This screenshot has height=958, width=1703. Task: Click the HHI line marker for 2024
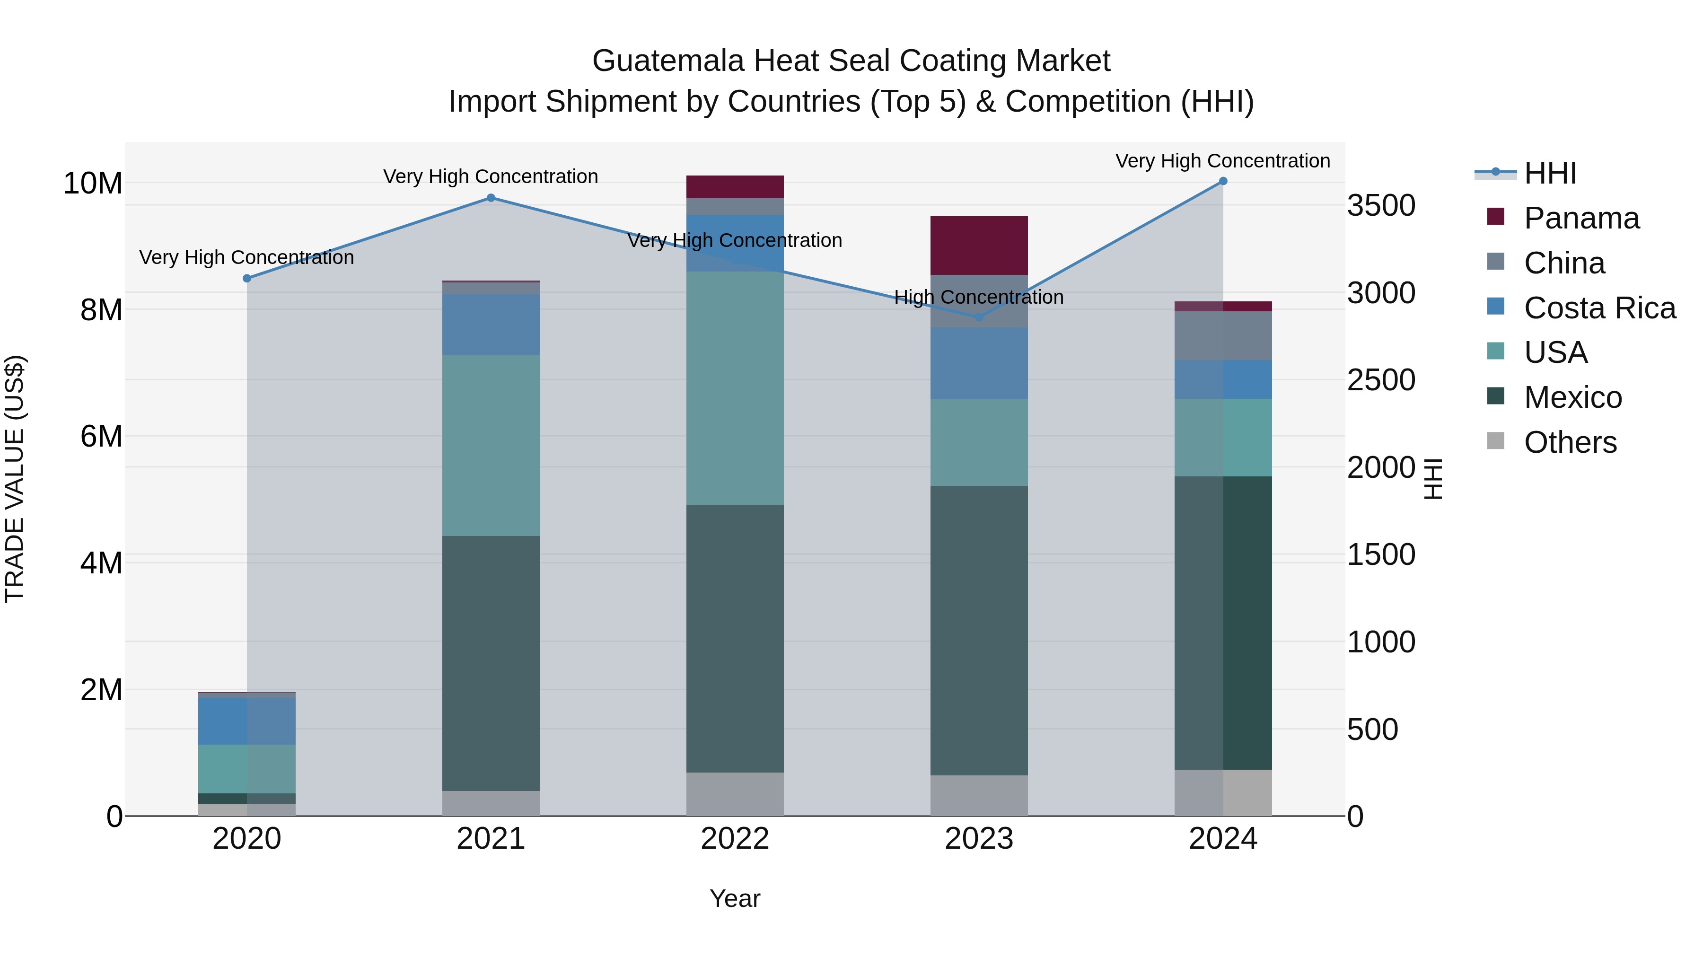[x=1222, y=181]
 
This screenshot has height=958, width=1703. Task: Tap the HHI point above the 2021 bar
[x=491, y=198]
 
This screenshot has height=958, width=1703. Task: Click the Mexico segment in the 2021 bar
[x=491, y=663]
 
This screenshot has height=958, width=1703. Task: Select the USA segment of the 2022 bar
[x=735, y=388]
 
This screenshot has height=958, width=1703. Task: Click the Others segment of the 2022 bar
[x=735, y=793]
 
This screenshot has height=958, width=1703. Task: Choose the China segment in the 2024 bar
[x=1222, y=335]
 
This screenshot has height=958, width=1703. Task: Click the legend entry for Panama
[x=1580, y=218]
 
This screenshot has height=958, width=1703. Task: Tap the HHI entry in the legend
[x=1550, y=173]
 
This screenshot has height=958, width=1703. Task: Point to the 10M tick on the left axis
[x=93, y=183]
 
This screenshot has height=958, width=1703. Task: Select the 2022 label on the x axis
[x=735, y=839]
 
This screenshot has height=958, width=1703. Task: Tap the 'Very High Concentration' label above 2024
[x=1222, y=161]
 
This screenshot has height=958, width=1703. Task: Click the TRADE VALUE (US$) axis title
[x=15, y=479]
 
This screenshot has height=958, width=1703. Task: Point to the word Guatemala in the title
[x=668, y=61]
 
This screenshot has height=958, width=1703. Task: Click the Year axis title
[x=735, y=898]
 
